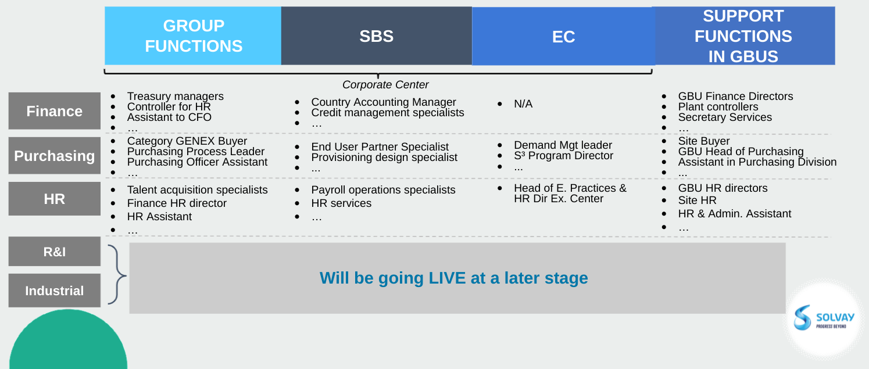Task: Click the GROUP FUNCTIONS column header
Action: tap(193, 35)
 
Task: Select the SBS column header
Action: tap(376, 35)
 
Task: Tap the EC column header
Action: tap(563, 36)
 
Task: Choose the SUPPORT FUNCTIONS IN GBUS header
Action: tap(745, 35)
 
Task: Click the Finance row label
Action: tap(54, 111)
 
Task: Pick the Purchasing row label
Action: tap(54, 156)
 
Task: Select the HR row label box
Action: tap(54, 199)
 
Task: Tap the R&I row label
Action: tap(54, 252)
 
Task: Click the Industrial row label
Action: tap(54, 290)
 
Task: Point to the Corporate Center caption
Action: tap(385, 85)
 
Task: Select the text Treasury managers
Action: tap(176, 96)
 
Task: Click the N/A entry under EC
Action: tap(523, 104)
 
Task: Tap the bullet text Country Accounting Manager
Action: tap(383, 102)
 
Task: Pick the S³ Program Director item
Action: tap(563, 156)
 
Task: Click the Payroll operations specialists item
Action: tap(383, 190)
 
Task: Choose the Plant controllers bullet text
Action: tap(718, 107)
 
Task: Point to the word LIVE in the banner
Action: tap(447, 278)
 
